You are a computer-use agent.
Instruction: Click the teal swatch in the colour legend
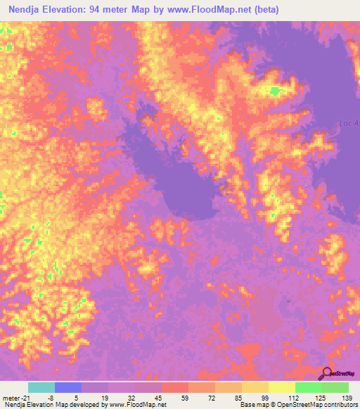pyautogui.click(x=41, y=387)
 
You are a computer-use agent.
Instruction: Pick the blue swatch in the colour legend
pyautogui.click(x=68, y=387)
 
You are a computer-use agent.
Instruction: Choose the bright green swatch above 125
pyautogui.click(x=308, y=387)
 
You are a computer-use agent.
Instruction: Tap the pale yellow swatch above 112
pyautogui.click(x=281, y=387)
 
